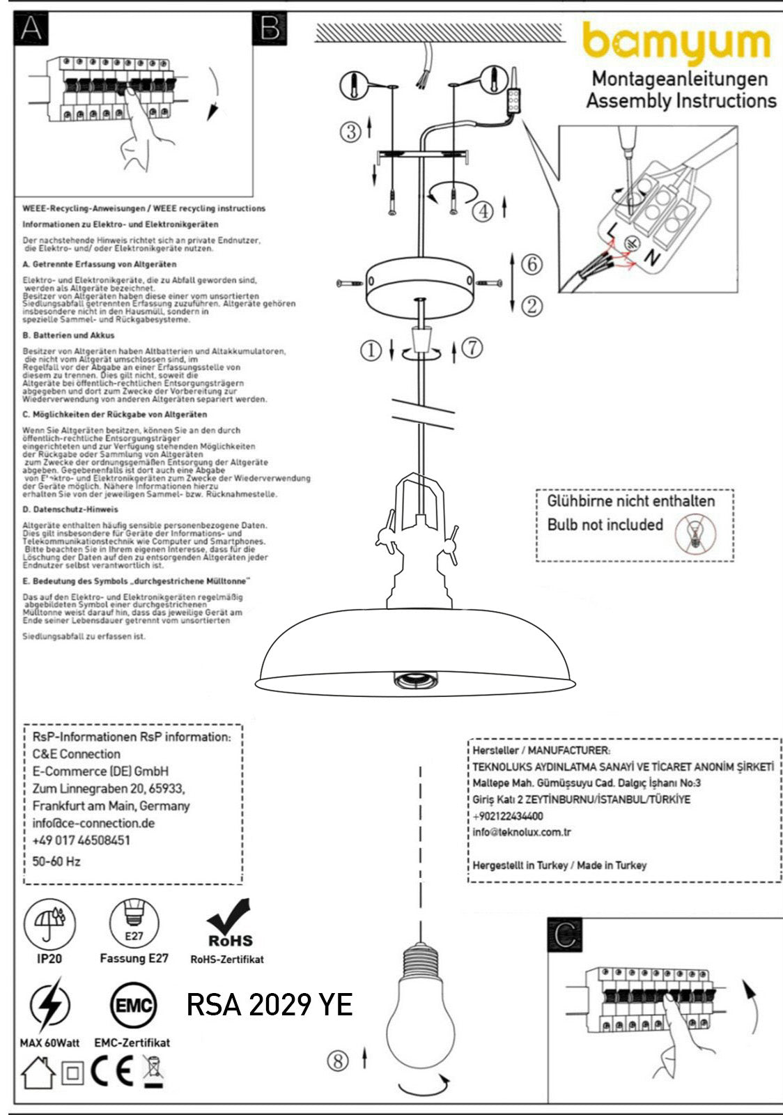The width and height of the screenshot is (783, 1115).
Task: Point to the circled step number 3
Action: click(x=351, y=130)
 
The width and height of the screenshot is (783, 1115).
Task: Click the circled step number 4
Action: click(x=483, y=210)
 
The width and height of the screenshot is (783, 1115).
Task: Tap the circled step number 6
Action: click(x=532, y=264)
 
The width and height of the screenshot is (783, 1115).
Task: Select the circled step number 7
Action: click(x=472, y=347)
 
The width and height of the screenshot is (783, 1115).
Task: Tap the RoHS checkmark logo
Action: click(x=229, y=924)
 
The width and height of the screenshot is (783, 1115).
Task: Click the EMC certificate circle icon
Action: click(x=133, y=1006)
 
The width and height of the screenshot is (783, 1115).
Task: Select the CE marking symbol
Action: click(x=111, y=1072)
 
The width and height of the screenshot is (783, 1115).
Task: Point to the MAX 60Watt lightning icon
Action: click(x=49, y=1005)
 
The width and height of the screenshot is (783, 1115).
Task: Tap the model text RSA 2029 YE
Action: click(x=269, y=1005)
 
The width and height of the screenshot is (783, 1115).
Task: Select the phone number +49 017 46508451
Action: click(x=81, y=840)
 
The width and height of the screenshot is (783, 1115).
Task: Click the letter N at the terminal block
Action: click(x=651, y=258)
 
